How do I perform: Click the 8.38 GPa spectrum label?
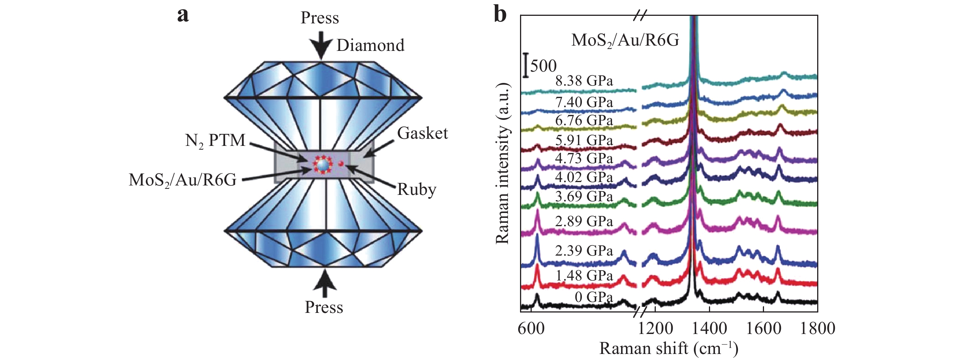584,81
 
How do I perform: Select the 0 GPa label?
593,297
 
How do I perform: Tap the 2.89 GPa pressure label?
584,221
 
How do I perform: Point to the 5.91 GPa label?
584,140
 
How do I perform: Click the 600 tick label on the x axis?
531,328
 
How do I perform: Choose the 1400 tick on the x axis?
709,328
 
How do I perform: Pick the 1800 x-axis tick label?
817,328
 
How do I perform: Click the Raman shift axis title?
669,348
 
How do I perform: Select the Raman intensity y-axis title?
502,164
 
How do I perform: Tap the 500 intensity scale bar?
526,66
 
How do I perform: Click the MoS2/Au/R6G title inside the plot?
625,40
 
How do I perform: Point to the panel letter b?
500,15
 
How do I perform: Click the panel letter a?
183,15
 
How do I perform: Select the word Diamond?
370,46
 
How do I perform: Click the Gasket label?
422,133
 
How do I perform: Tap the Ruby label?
417,189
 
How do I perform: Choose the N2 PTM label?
215,141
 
